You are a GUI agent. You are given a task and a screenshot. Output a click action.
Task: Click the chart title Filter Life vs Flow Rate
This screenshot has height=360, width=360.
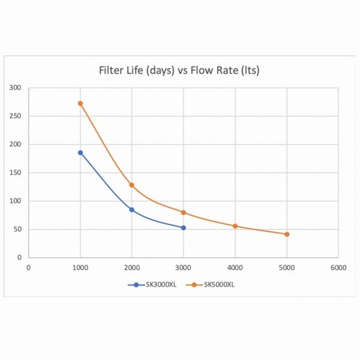(179, 71)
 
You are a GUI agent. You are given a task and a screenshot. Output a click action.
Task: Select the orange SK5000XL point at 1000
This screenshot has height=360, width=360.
(80, 103)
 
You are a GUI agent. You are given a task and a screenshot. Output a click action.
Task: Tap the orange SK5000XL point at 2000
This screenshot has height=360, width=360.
(132, 185)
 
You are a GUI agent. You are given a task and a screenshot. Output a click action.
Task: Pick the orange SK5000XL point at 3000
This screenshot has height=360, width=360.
(184, 212)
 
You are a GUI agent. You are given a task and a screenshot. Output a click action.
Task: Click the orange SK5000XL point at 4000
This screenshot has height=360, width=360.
(235, 226)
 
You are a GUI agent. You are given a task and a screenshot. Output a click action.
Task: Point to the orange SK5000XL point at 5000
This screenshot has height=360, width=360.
(287, 234)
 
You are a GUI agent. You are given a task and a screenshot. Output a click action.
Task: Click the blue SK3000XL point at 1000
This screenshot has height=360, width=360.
(80, 152)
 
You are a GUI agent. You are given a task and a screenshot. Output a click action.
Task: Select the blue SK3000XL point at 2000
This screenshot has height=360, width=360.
(132, 209)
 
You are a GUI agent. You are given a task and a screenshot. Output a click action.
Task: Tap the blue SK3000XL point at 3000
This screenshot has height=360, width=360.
(184, 227)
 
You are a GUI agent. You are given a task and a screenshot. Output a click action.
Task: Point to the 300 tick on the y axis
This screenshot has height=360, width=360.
(16, 88)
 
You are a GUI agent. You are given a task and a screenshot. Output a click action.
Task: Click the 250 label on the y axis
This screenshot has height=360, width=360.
(16, 116)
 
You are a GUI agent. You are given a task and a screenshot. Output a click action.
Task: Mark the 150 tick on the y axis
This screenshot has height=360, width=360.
(16, 173)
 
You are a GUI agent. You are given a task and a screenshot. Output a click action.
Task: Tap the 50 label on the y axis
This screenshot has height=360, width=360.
(18, 229)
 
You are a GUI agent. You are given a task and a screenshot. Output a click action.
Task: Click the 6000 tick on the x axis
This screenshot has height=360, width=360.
(338, 268)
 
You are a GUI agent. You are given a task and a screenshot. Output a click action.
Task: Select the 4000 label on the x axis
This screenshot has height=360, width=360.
(235, 268)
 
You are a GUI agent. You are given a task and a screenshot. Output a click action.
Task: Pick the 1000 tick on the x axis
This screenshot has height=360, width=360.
(80, 268)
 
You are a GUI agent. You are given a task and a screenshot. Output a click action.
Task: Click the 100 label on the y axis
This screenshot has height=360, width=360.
(16, 201)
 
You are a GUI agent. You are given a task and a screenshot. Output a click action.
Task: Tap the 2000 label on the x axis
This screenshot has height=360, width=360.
(132, 268)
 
